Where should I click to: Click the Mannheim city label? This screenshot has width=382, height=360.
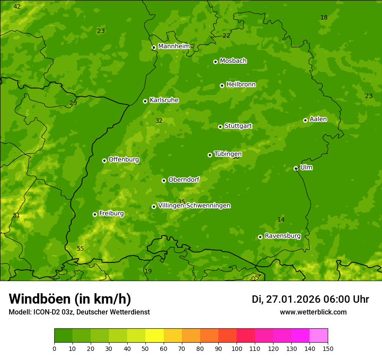pyautogui.click(x=174, y=46)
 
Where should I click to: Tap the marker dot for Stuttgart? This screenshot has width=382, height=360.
pyautogui.click(x=220, y=127)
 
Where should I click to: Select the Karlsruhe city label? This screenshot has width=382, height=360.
pyautogui.click(x=164, y=100)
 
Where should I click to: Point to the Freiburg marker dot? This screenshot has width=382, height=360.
pyautogui.click(x=95, y=214)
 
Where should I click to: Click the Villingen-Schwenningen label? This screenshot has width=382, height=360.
pyautogui.click(x=194, y=206)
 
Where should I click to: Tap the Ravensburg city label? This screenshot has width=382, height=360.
pyautogui.click(x=282, y=236)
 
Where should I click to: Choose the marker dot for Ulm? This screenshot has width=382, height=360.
pyautogui.click(x=296, y=168)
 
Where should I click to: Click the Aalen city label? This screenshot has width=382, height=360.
pyautogui.click(x=318, y=119)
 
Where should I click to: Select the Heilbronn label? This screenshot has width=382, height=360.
pyautogui.click(x=240, y=85)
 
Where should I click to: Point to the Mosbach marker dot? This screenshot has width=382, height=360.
pyautogui.click(x=215, y=62)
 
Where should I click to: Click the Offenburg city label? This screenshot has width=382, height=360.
pyautogui.click(x=123, y=160)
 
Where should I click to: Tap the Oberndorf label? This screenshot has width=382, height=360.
pyautogui.click(x=184, y=180)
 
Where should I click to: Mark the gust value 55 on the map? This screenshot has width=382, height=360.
pyautogui.click(x=80, y=249)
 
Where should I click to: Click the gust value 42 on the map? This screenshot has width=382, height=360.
pyautogui.click(x=17, y=7)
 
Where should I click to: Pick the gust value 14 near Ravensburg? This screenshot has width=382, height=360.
pyautogui.click(x=281, y=219)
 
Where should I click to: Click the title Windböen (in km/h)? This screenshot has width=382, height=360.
pyautogui.click(x=69, y=299)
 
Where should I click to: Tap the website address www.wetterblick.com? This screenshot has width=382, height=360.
pyautogui.click(x=313, y=312)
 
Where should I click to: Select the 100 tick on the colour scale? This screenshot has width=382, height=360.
pyautogui.click(x=237, y=348)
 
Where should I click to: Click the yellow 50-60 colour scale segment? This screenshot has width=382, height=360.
pyautogui.click(x=155, y=335)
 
